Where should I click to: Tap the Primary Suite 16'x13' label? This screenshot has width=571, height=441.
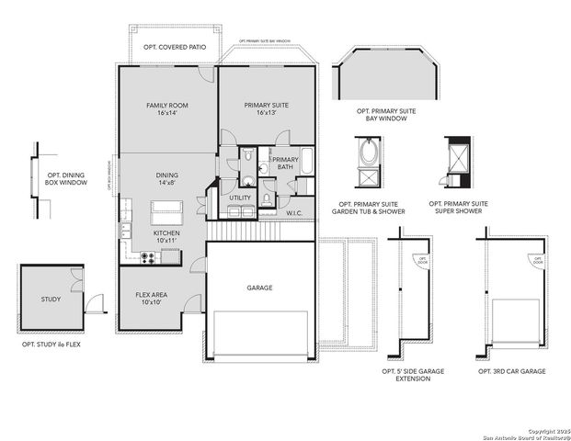267,109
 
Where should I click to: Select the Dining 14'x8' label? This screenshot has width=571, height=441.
166,178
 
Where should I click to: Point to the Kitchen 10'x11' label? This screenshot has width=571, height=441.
166,237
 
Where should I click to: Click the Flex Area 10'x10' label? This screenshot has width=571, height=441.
149,298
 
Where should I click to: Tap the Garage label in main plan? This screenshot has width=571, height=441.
259,288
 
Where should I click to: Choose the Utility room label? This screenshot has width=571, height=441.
240,198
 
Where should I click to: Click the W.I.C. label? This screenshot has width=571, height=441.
294,213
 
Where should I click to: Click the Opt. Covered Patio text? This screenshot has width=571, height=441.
174,46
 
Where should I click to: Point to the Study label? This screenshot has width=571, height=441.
51,300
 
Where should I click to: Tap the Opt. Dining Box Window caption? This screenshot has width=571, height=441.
66,178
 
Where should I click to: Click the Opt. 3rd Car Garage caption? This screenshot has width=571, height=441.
511,371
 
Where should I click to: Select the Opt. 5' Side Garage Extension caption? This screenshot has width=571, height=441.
412,375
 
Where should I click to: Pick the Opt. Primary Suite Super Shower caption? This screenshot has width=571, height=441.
457,208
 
